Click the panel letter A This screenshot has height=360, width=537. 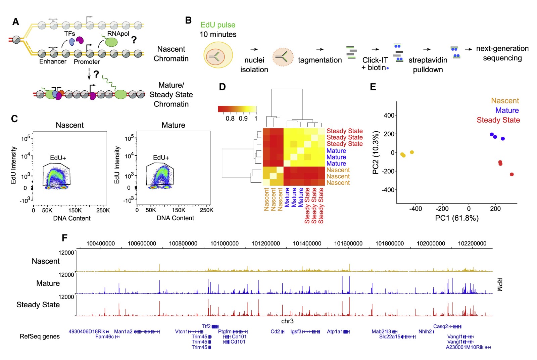click(15, 22)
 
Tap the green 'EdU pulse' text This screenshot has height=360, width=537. click(218, 25)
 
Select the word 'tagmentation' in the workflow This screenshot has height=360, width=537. click(320, 60)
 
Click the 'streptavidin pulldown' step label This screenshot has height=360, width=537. click(428, 65)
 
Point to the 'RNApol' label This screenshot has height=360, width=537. click(118, 34)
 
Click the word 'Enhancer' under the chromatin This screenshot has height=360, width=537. click(53, 61)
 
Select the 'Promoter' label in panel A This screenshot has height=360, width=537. click(87, 62)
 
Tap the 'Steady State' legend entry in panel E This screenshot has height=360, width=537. click(498, 120)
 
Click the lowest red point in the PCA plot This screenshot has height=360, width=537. click(511, 174)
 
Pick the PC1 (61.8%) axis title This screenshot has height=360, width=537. click(457, 218)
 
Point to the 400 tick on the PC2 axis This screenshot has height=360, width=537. click(389, 116)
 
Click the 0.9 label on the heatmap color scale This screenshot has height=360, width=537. click(243, 119)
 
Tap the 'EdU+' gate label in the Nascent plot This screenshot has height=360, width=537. click(58, 158)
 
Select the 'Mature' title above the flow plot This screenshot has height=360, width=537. click(173, 125)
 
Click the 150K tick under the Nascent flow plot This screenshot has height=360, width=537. click(75, 210)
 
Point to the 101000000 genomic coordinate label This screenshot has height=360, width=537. click(224, 243)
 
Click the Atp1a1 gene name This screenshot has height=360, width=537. click(335, 331)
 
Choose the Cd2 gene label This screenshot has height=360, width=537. click(275, 331)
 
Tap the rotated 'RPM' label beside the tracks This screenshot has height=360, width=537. click(499, 284)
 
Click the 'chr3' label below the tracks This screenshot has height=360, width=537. click(287, 321)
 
